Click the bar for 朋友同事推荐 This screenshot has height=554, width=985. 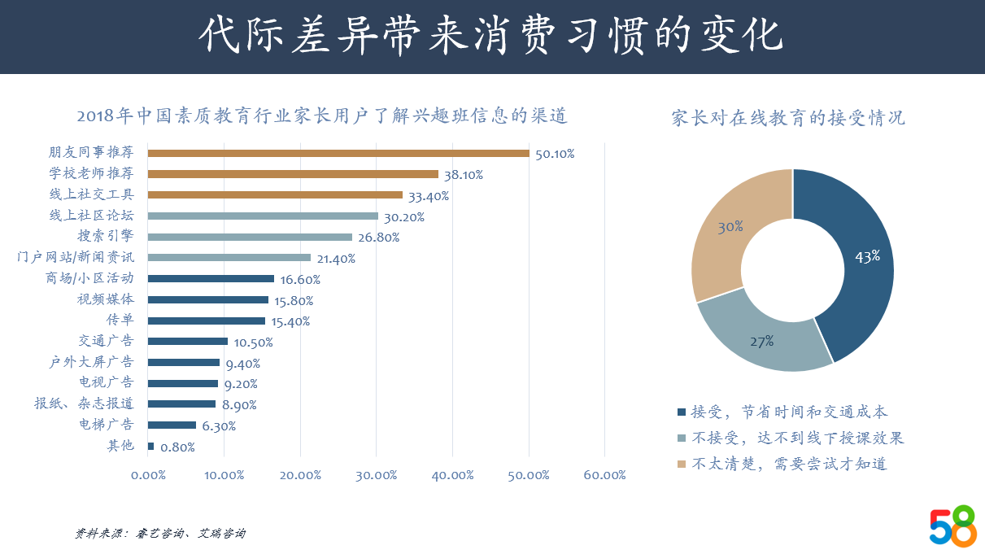coord(338,153)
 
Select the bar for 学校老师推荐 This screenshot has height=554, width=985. coord(293,174)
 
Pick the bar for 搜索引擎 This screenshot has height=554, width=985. coord(250,237)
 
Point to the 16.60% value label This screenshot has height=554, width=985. coord(300,280)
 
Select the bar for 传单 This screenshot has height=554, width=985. coord(207,321)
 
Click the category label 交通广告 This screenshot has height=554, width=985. coord(106,342)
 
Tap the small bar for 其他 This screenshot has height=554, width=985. coord(150,446)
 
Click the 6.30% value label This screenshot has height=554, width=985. coord(219,426)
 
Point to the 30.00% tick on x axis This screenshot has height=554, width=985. coord(376,476)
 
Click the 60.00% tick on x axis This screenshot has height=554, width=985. coord(604,476)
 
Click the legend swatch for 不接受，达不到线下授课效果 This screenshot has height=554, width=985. coord(682,438)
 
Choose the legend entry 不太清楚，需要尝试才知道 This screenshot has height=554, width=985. coord(789,465)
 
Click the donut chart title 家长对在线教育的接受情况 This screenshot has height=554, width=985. coord(787,118)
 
